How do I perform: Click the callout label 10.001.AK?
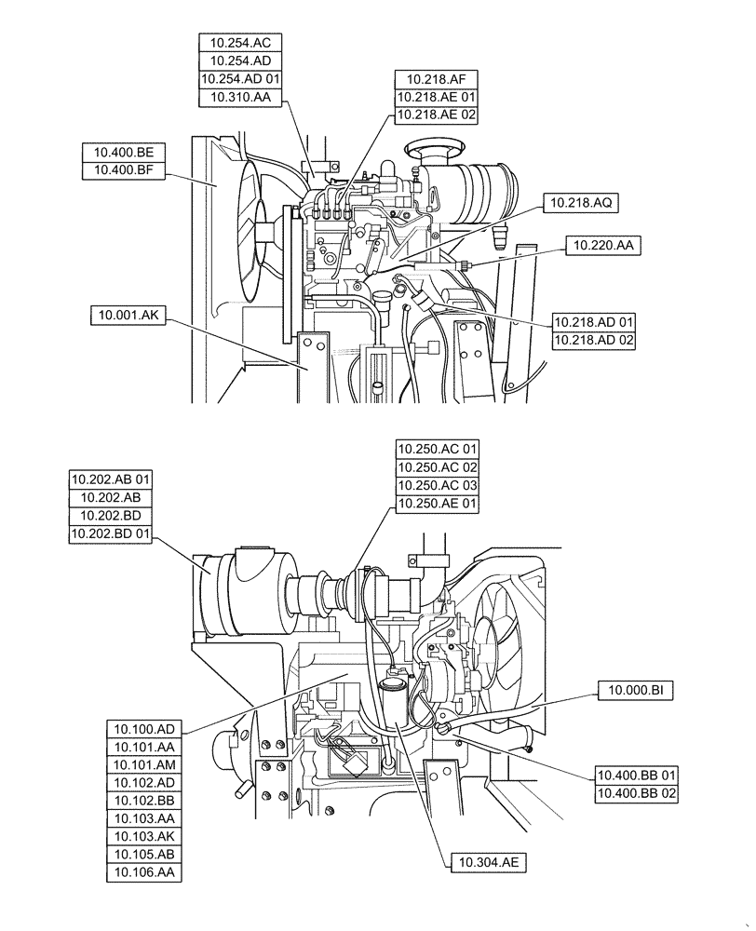128,317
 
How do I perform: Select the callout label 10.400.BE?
124,152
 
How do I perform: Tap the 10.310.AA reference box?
240,97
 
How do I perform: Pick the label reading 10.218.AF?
436,79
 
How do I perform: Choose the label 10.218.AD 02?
594,341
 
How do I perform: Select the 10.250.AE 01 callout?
437,504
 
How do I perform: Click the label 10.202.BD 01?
111,533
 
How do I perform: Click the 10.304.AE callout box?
487,863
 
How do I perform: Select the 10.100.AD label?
145,729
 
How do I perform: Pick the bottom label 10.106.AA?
145,872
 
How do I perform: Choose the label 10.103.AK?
145,836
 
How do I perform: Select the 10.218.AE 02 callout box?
436,115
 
